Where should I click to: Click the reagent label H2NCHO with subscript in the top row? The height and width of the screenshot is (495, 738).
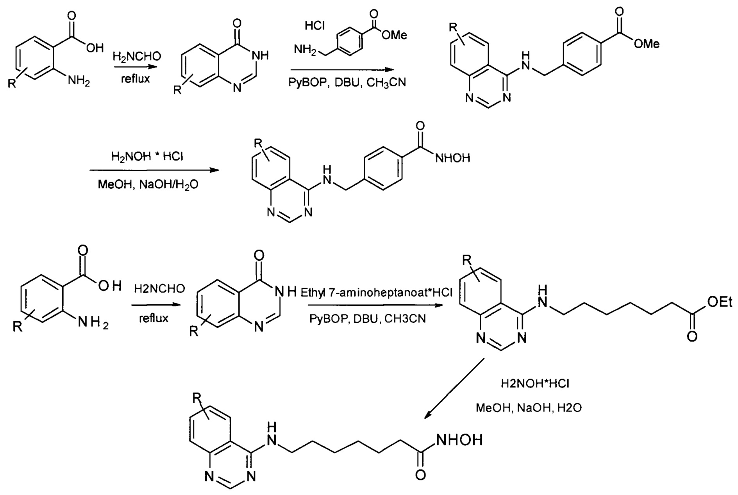tap(137, 57)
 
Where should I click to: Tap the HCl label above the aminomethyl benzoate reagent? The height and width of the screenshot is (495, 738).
tap(314, 26)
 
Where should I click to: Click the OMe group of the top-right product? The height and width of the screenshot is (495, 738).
tap(647, 43)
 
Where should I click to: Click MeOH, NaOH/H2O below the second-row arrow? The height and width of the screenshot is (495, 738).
tap(148, 184)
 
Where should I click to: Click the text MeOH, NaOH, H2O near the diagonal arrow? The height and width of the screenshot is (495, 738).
tap(529, 408)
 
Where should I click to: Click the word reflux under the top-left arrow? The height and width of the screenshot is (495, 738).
tap(135, 79)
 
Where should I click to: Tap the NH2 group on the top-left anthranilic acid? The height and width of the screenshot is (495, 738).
tap(79, 81)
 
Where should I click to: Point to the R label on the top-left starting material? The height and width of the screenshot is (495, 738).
tap(12, 84)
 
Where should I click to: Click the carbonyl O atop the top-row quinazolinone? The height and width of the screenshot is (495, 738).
tap(237, 21)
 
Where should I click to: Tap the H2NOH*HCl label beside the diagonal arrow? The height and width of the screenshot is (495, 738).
tap(535, 384)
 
